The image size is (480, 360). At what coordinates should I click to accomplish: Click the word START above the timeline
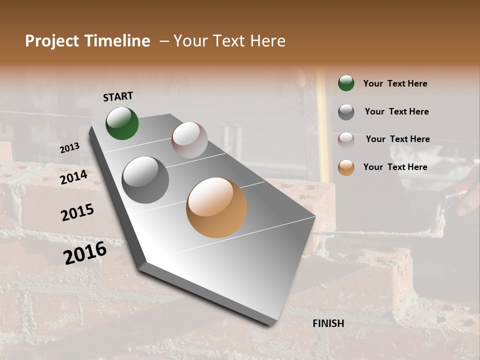(x=118, y=96)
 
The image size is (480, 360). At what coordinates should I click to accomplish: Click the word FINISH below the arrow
(x=328, y=323)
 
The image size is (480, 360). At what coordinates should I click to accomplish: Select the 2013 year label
(x=70, y=148)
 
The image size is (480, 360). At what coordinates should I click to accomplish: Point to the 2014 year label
(x=73, y=177)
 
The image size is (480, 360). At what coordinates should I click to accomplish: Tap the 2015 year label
(x=77, y=212)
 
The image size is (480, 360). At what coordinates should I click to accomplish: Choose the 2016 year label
(x=85, y=253)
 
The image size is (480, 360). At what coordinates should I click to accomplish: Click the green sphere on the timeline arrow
(x=122, y=123)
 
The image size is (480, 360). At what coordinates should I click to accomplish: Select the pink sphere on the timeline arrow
(x=189, y=140)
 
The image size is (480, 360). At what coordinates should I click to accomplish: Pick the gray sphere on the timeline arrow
(x=145, y=180)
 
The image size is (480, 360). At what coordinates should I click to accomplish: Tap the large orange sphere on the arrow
(x=216, y=207)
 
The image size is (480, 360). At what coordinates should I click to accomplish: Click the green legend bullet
(x=346, y=83)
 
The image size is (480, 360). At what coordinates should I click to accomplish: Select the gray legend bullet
(x=346, y=111)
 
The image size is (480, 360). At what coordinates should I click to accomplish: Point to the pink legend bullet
(x=346, y=139)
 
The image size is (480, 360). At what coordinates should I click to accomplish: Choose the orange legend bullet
(x=346, y=167)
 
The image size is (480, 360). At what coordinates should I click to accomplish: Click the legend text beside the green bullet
(x=395, y=83)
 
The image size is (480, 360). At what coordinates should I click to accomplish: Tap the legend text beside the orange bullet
(x=395, y=167)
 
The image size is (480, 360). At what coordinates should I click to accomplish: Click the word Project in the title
(x=52, y=41)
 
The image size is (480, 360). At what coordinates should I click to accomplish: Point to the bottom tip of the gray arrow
(x=270, y=324)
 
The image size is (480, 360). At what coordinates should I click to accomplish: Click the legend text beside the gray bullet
(x=396, y=111)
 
